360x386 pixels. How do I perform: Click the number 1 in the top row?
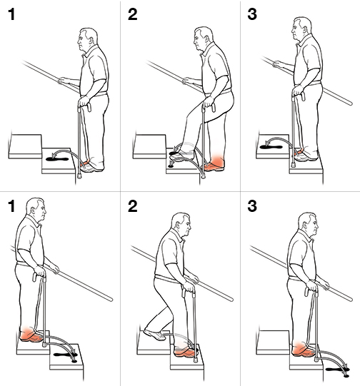click(11, 16)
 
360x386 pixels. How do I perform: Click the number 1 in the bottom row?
click(11, 210)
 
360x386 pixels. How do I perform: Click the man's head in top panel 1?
click(86, 41)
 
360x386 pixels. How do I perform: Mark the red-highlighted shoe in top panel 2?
click(214, 166)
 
